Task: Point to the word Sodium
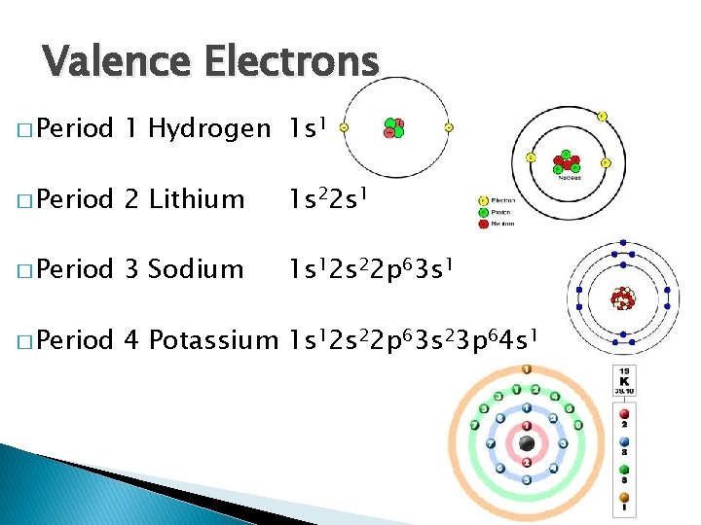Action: point(196,268)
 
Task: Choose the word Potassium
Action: point(213,339)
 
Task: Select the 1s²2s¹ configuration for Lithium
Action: point(328,198)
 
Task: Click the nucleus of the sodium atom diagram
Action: point(619,297)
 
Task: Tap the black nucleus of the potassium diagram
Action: point(527,444)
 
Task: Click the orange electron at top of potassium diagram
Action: point(527,369)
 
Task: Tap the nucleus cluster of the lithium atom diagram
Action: point(566,160)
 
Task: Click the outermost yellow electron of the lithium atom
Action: point(602,117)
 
